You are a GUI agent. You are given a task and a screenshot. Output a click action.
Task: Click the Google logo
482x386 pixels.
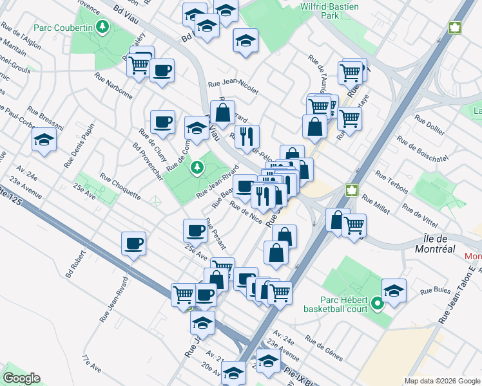pyautogui.click(x=21, y=378)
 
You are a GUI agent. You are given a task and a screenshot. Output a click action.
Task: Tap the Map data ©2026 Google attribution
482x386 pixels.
pyautogui.click(x=442, y=381)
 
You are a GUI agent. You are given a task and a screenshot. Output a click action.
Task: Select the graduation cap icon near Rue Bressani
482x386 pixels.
pyautogui.click(x=44, y=140)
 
